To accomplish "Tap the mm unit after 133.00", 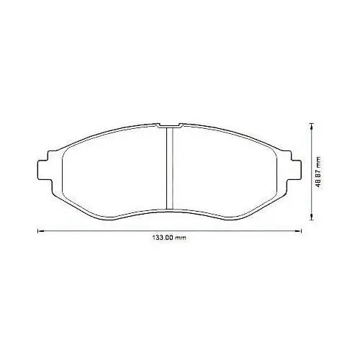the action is (x=181, y=238).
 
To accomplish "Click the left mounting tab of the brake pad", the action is (x=45, y=170).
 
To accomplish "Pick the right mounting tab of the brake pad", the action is (x=294, y=170).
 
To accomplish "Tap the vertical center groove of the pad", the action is (x=170, y=168).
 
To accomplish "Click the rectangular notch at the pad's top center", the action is (x=169, y=125).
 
